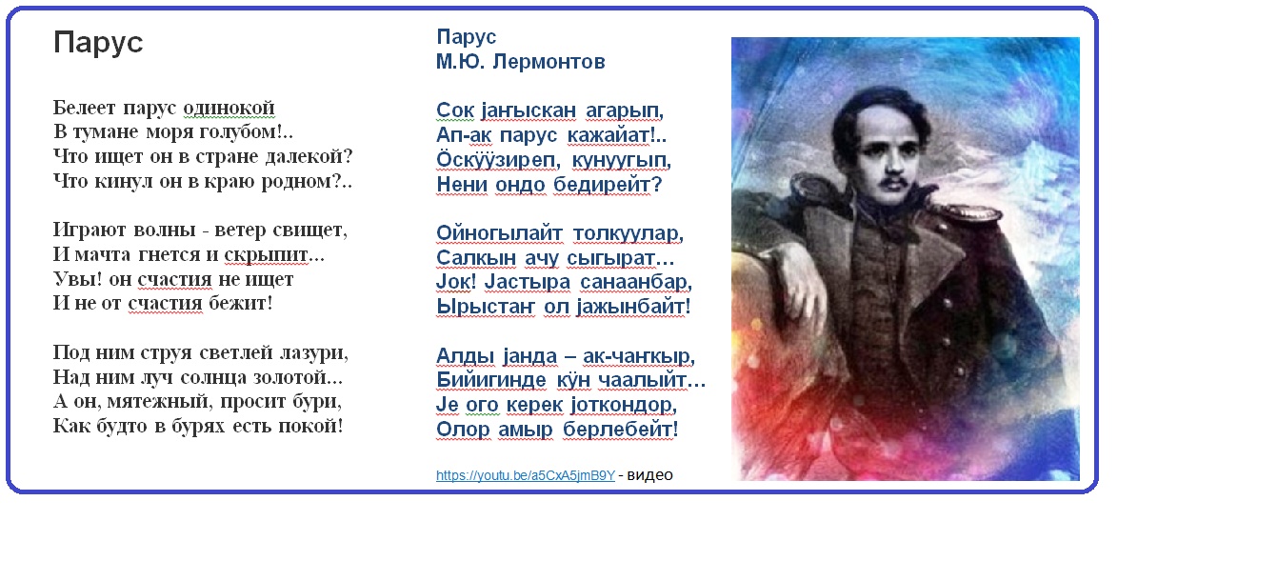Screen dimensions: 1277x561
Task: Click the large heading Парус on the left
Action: click(x=98, y=43)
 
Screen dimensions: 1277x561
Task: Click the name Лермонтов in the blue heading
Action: click(x=549, y=62)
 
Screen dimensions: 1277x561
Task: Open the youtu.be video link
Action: click(x=526, y=475)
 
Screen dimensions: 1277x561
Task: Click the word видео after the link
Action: click(x=649, y=475)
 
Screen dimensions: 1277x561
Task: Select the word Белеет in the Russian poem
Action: click(x=85, y=108)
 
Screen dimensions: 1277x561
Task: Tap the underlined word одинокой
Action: click(x=229, y=108)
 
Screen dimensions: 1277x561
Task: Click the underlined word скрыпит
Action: click(x=267, y=254)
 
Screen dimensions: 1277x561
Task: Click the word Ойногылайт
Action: click(x=499, y=233)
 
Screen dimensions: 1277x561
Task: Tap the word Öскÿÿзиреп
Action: click(x=495, y=160)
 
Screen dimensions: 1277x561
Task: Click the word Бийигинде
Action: click(x=490, y=380)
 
